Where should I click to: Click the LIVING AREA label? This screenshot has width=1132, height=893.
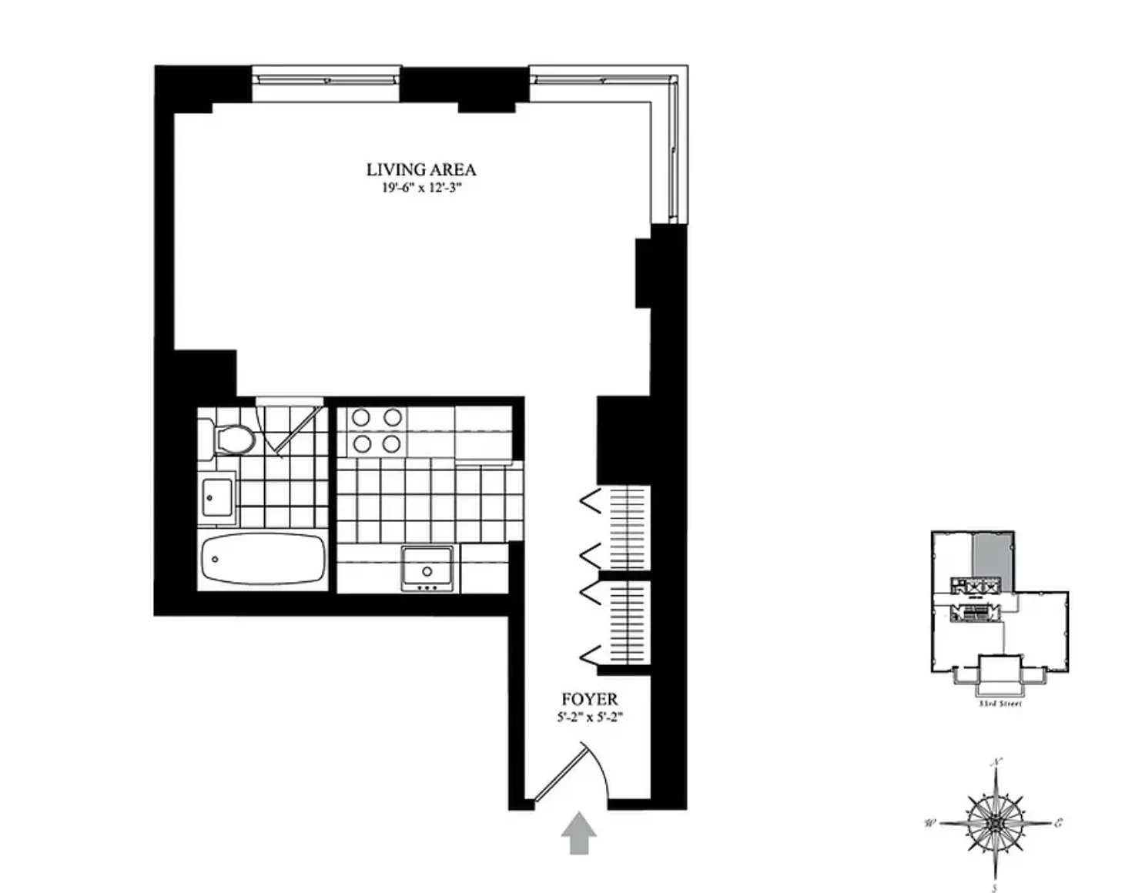click(x=420, y=169)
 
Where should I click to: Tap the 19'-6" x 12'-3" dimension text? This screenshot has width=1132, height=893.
click(x=420, y=188)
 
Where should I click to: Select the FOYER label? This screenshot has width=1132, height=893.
click(x=589, y=699)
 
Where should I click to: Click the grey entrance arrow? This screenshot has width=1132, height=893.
click(x=578, y=834)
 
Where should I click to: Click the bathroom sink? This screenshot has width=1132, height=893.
click(x=217, y=499)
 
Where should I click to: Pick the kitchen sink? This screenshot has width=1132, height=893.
click(x=426, y=569)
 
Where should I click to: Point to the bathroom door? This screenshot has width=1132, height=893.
click(x=296, y=428)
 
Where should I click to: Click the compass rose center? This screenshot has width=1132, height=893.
click(x=996, y=823)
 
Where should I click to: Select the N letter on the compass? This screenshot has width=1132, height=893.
click(x=996, y=763)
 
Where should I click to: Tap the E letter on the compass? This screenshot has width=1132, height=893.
click(x=1059, y=823)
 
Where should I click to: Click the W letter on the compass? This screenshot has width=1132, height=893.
click(x=929, y=823)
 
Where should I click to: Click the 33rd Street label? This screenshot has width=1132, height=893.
click(x=1000, y=704)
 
